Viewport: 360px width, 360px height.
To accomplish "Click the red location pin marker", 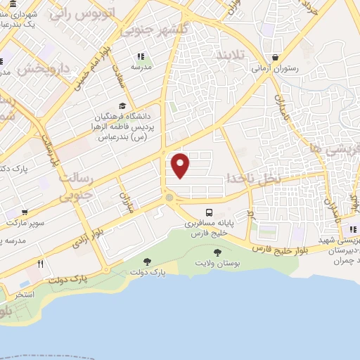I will [181, 166].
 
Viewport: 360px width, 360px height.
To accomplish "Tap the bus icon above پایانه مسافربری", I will [209, 212].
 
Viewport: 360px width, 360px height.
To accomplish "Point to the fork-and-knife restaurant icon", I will [41, 264].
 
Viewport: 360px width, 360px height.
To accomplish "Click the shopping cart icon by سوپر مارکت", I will [25, 212].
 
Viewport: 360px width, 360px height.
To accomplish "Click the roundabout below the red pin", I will [169, 199].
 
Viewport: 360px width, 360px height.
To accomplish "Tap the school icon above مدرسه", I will [141, 56].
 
